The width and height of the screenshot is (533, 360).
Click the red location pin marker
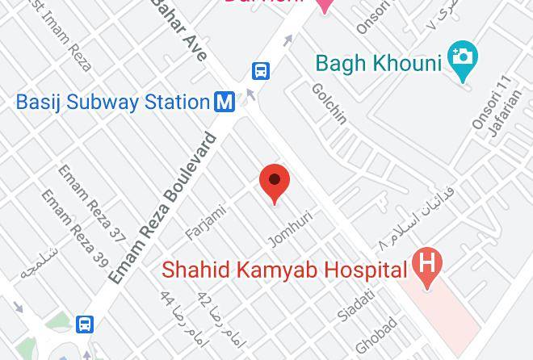275,183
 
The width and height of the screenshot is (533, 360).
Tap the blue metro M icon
225,102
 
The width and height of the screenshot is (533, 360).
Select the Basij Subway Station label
113,103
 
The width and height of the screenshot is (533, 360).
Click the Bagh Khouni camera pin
464,60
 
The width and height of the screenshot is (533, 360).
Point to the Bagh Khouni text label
379,63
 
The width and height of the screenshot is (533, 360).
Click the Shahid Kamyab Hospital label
283,270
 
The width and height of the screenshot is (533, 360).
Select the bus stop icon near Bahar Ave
261,71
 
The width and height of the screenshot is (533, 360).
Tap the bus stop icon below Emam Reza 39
84,324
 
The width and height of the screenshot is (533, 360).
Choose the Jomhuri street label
290,228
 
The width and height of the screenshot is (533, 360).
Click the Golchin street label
329,103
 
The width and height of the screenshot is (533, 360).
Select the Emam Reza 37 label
93,203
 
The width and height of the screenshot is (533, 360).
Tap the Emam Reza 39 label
74,228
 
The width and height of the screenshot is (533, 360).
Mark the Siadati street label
357,306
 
